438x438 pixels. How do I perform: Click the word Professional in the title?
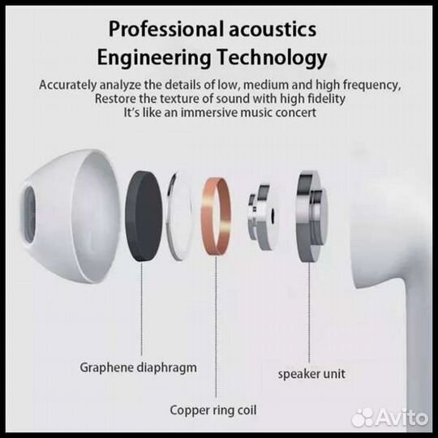click(166, 30)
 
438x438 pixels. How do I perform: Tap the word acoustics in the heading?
click(273, 30)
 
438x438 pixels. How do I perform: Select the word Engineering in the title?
click(154, 58)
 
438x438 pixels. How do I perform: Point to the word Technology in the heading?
click(272, 58)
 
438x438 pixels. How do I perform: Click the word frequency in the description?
click(371, 85)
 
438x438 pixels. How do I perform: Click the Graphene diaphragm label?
click(138, 368)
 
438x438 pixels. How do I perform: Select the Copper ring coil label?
click(213, 410)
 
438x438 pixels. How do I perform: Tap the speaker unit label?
click(311, 374)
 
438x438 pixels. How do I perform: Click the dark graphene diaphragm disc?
click(144, 217)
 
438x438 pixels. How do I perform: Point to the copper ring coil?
click(217, 217)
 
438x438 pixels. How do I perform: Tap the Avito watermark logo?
click(389, 418)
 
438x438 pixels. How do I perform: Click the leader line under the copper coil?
click(216, 327)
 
